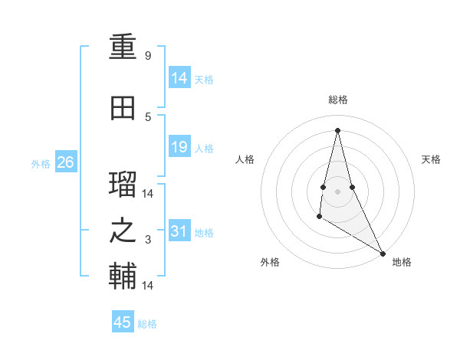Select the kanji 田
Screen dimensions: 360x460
[123, 109]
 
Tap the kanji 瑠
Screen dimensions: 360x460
[123, 186]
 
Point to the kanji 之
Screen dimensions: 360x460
[123, 231]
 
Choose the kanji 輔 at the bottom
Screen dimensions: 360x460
[123, 277]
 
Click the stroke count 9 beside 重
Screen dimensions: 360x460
[148, 56]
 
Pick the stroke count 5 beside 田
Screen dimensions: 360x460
[148, 116]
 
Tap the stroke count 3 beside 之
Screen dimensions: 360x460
[148, 240]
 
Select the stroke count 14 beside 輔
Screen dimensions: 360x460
[148, 285]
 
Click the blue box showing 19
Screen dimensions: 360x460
[179, 147]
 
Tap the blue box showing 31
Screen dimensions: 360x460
[179, 231]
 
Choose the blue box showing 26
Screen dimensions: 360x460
[65, 162]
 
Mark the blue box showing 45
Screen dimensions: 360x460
[123, 322]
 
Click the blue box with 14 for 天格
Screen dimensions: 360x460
[179, 78]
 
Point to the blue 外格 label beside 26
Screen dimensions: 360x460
[41, 163]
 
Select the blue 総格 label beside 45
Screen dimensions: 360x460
[147, 324]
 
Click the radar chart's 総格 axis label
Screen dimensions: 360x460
[337, 100]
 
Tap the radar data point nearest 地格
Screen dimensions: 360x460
[383, 253]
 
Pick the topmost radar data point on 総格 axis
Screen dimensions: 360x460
[337, 129]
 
